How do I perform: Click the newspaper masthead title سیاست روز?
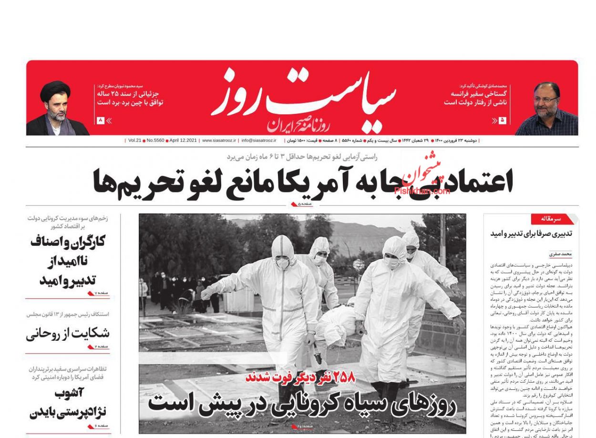point(304,98)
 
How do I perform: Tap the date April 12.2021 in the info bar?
point(183,141)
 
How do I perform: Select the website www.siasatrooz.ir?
point(219,141)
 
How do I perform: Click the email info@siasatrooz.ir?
point(259,141)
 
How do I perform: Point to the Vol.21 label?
point(134,141)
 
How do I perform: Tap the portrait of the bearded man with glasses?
point(545,109)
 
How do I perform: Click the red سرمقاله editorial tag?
point(551,219)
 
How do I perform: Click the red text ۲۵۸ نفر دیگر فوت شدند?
point(300,377)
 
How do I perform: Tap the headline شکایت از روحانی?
point(68,333)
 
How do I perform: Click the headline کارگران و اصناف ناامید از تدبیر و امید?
point(68,261)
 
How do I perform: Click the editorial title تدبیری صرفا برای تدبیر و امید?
point(531,234)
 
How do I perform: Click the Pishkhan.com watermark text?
point(422,191)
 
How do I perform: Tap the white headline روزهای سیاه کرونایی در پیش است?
point(302,404)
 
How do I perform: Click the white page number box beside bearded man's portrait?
point(502,121)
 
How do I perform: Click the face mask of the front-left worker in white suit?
point(283,263)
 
